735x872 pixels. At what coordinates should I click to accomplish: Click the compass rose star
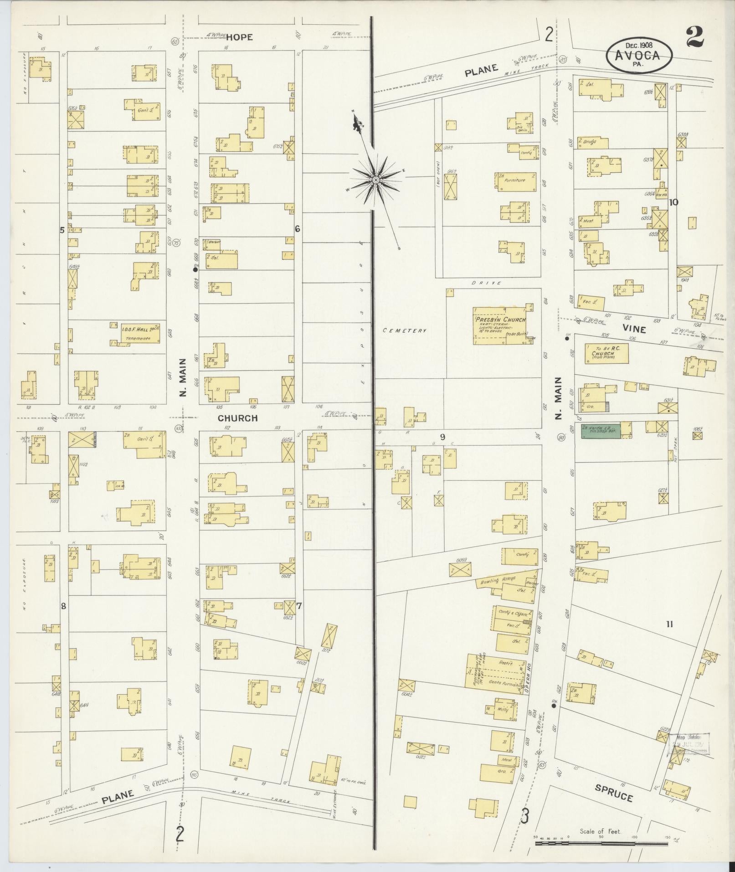(x=376, y=181)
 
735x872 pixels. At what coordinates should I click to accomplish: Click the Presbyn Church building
(x=500, y=326)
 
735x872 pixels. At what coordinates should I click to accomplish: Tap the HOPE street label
(x=240, y=37)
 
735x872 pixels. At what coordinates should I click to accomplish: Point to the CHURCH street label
(x=237, y=418)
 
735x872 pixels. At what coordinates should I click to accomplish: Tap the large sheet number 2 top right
(x=694, y=37)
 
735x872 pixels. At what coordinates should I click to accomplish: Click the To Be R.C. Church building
(x=606, y=353)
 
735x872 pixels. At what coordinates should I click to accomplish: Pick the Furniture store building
(x=515, y=181)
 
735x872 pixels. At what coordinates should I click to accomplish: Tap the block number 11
(x=669, y=625)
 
